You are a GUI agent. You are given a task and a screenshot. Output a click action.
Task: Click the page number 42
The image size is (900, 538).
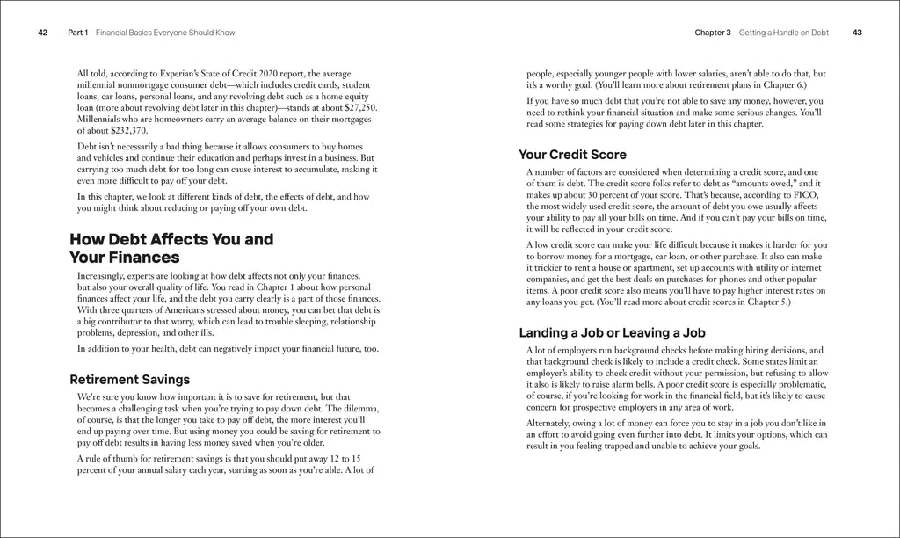[42, 33]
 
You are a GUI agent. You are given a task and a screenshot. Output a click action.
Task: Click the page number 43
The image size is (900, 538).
[857, 33]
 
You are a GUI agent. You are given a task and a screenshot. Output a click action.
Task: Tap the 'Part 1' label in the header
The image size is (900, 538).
[77, 33]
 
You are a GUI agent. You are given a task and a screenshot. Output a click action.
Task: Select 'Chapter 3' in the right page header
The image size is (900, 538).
[712, 33]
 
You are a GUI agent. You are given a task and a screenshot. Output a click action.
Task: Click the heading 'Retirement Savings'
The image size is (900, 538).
[129, 380]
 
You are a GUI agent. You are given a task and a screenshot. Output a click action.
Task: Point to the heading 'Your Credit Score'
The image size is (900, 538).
[572, 155]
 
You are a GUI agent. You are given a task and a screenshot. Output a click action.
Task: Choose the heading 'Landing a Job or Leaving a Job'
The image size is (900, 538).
[612, 333]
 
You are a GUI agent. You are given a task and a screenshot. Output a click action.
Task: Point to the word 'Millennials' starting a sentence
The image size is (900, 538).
[100, 119]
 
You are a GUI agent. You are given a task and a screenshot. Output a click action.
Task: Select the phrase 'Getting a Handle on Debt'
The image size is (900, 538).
[783, 33]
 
